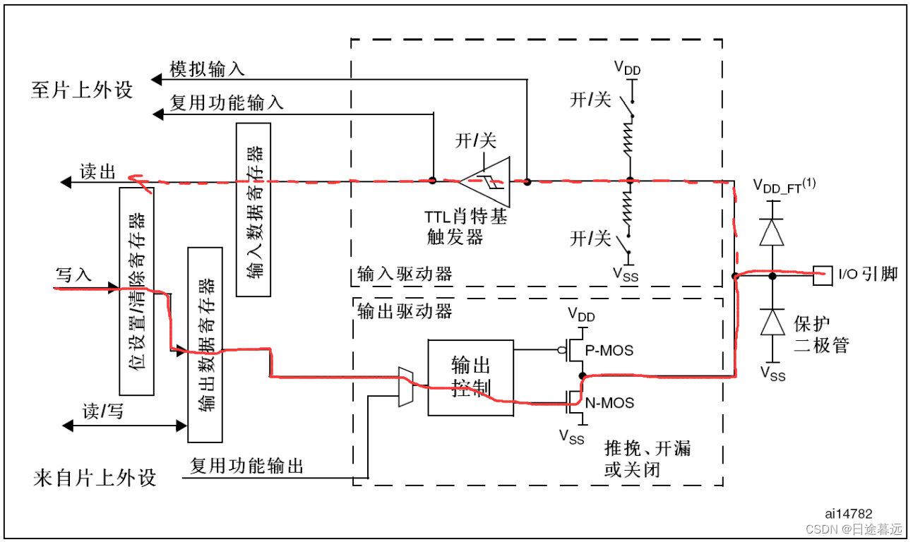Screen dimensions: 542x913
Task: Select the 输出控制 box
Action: point(470,377)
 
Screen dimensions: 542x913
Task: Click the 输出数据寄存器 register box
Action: point(204,344)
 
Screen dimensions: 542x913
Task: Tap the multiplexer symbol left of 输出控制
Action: point(406,387)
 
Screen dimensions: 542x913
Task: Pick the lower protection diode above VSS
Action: point(772,322)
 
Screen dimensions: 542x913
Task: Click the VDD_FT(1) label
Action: point(784,186)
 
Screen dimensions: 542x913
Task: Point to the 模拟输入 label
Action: point(207,68)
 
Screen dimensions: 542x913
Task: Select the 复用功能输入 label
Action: point(227,102)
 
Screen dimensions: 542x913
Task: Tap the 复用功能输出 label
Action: point(246,466)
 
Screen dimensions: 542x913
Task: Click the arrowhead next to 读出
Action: point(65,183)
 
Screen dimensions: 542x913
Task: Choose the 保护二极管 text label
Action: point(821,335)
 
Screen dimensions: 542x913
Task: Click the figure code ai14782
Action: point(848,514)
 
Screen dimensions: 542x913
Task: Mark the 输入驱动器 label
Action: point(405,274)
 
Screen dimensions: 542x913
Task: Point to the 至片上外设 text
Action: point(82,90)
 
